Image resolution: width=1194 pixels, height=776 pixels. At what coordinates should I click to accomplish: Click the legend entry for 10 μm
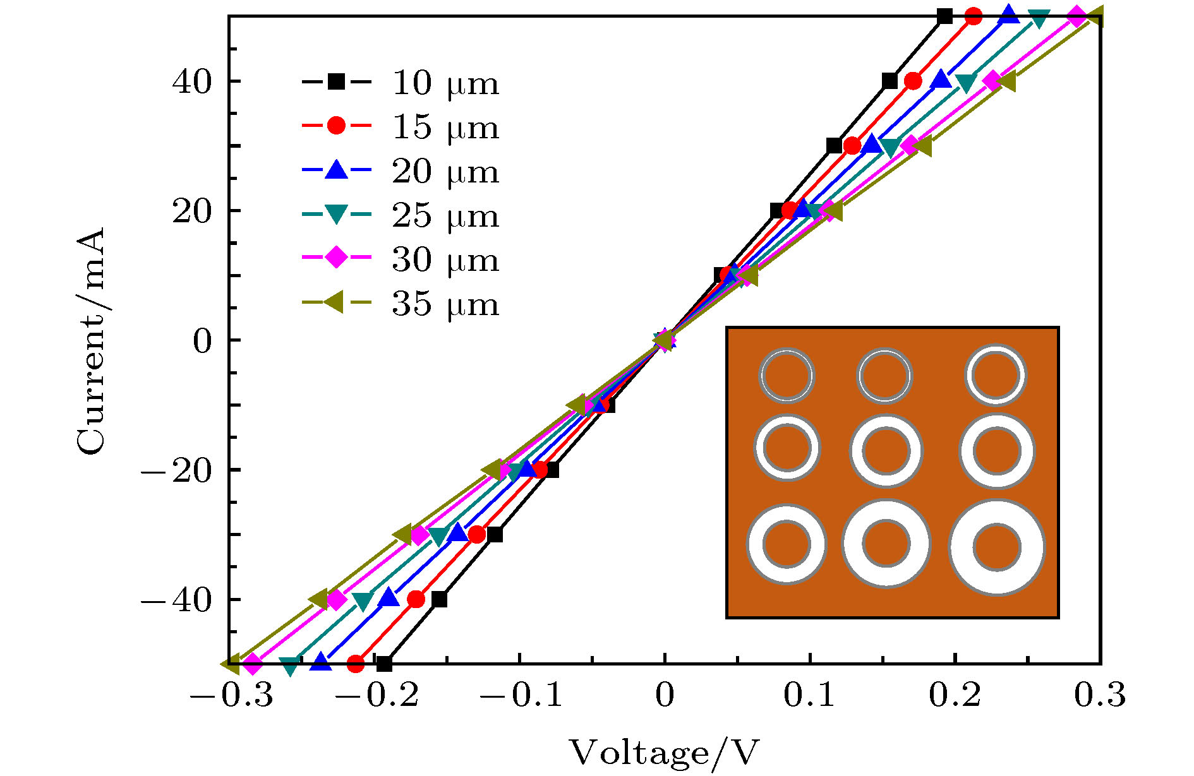point(445,83)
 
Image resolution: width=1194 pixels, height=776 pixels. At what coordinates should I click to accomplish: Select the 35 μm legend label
point(445,304)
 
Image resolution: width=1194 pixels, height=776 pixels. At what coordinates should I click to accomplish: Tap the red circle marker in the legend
point(336,126)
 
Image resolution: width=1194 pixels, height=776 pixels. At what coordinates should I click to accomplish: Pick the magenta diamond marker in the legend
point(336,258)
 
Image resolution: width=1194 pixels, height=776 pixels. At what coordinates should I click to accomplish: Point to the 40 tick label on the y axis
point(191,81)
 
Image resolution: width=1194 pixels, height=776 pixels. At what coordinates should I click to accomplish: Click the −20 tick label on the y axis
point(176,470)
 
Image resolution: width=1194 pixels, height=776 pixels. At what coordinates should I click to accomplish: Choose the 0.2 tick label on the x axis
point(955,695)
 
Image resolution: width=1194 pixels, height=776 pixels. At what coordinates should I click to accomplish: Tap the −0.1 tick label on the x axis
point(521,695)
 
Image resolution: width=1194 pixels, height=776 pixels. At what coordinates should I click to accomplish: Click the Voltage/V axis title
point(664,753)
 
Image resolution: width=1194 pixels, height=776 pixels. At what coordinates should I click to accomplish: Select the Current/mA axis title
point(90,341)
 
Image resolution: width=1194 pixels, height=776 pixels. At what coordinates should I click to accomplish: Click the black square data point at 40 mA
point(889,81)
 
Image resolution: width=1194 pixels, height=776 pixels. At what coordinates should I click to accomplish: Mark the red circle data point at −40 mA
point(416,599)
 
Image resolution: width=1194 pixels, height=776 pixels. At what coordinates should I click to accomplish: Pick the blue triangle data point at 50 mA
point(1009,15)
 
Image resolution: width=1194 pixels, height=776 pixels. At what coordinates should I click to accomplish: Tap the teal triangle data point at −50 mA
point(290,665)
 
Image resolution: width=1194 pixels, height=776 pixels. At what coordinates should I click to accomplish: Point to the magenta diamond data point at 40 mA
point(992,81)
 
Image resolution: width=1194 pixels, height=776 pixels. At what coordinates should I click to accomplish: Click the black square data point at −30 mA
point(495,535)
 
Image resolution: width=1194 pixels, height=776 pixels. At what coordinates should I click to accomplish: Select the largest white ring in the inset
point(996,547)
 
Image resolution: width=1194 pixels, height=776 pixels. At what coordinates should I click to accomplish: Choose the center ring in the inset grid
point(886,451)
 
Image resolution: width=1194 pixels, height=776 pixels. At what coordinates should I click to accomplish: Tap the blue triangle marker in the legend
point(336,170)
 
